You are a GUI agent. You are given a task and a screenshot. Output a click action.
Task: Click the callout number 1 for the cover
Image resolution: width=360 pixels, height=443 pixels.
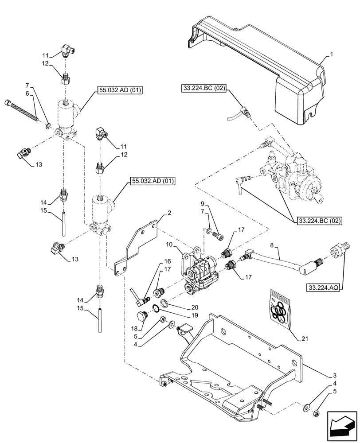pyautogui.click(x=330, y=55)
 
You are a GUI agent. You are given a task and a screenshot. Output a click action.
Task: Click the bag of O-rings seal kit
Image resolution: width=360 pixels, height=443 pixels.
pyautogui.click(x=279, y=308)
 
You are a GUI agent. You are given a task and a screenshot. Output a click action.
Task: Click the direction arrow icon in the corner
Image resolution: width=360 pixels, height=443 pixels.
pyautogui.click(x=342, y=427)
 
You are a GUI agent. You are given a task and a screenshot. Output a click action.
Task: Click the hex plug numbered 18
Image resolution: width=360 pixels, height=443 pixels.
pyautogui.click(x=141, y=317)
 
